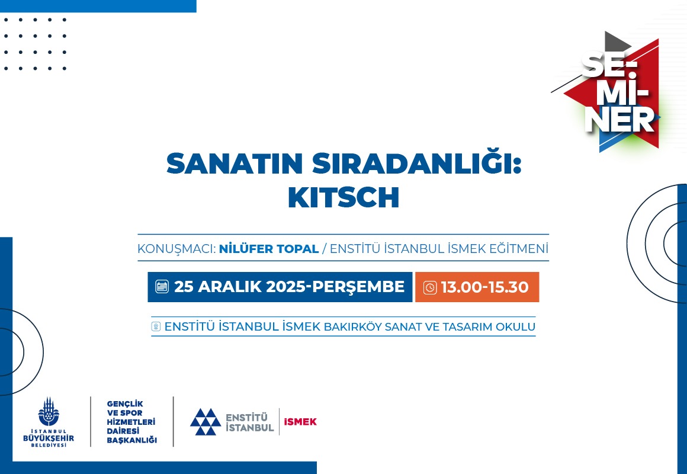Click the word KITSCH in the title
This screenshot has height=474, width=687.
point(343,197)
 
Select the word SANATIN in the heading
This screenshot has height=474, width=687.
point(235,163)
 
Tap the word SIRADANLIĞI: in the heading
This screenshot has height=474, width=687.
point(417,163)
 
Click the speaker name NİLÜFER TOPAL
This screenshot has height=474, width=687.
point(268,249)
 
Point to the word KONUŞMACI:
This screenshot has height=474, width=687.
point(176,249)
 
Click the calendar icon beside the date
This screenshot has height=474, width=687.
point(162,287)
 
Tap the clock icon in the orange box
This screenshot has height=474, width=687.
point(430,287)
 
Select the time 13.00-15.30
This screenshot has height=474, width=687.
point(484,287)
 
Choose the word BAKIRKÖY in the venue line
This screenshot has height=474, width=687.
point(352,326)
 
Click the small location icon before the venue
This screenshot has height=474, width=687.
point(156,326)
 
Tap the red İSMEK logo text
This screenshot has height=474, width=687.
point(300,422)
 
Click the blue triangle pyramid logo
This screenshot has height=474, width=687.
point(206,422)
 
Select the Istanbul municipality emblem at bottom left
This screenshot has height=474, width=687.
point(48,412)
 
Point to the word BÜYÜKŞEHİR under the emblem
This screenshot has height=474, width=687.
point(49,438)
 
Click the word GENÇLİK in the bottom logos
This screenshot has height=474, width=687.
point(125,404)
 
